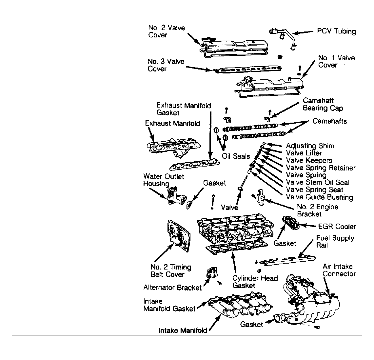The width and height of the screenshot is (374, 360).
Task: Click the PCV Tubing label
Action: (336, 31)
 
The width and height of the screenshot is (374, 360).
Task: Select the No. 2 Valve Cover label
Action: (167, 31)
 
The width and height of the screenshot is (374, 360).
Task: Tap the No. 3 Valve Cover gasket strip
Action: (247, 70)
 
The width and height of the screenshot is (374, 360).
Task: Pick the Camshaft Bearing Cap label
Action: (323, 104)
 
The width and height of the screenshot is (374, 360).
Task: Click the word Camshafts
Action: (330, 121)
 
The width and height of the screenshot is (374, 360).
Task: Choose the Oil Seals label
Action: (236, 156)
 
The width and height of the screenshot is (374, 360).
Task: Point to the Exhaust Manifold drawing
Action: (174, 148)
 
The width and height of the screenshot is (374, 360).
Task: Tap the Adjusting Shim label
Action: (310, 146)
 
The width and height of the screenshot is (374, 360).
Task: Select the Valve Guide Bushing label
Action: (319, 197)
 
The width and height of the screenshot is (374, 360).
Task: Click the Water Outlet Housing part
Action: (176, 196)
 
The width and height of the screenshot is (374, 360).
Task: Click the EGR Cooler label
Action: (337, 227)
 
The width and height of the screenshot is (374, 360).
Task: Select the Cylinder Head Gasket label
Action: (255, 282)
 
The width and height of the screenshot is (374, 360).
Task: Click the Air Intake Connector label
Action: (339, 270)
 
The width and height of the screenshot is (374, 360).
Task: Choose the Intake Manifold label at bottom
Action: (183, 330)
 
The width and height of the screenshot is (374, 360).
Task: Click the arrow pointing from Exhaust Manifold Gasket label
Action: (210, 135)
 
